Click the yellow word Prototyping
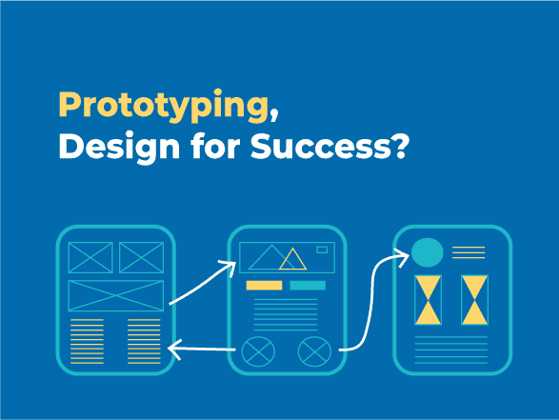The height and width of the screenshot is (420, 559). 164,106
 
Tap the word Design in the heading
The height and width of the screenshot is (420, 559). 119,148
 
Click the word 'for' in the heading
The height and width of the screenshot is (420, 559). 215,146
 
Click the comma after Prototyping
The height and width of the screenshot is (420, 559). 274,115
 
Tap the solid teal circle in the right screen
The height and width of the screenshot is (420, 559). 427,252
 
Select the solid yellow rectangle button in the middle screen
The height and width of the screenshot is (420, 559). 264,285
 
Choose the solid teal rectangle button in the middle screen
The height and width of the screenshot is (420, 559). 308,285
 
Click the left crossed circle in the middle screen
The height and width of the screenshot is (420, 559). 258,351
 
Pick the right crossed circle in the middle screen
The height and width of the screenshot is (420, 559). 314,351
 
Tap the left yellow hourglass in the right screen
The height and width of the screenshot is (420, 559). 429,300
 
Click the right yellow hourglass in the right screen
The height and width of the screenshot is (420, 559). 474,300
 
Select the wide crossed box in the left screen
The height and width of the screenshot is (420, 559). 116,295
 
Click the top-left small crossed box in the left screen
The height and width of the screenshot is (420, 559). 90,257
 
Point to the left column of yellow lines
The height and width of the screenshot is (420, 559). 87,342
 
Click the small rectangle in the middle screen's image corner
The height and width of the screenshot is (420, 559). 322,250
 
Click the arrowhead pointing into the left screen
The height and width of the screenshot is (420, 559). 172,348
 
